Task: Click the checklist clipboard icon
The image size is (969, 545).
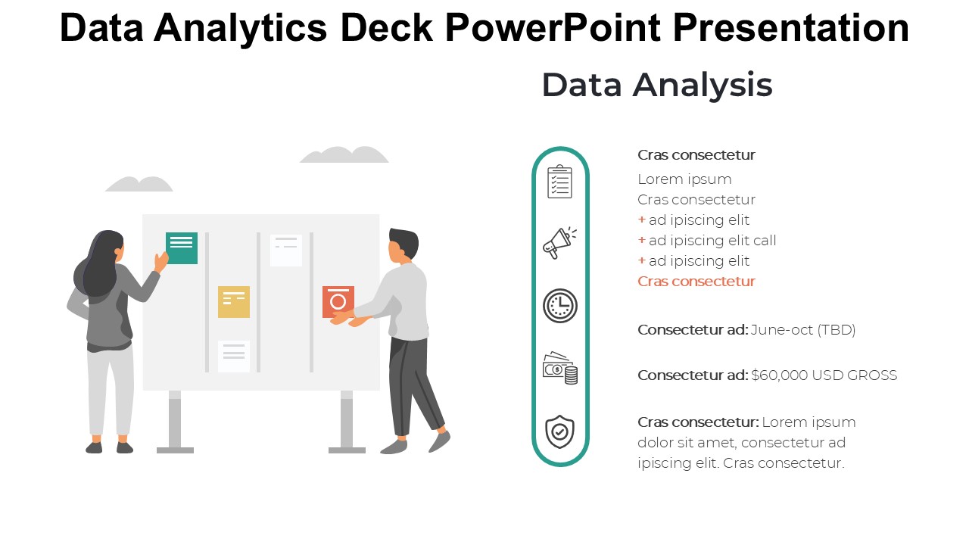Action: point(559,182)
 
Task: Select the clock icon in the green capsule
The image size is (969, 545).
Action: point(560,306)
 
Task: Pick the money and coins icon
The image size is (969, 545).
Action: point(560,368)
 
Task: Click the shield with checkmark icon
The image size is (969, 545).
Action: point(560,431)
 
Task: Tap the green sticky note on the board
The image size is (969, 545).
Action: point(182,248)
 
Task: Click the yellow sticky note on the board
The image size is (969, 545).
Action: point(234,301)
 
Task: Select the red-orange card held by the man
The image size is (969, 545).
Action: point(338,301)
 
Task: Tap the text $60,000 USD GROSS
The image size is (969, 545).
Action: point(824,375)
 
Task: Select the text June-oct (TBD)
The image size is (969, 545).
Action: point(803,330)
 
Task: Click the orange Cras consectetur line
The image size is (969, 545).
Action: point(696,282)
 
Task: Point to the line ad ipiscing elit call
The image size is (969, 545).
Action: point(712,241)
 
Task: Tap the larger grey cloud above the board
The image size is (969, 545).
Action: point(344,154)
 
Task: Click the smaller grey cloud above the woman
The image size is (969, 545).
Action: point(139,184)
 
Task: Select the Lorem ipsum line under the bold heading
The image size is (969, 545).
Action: point(684,179)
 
